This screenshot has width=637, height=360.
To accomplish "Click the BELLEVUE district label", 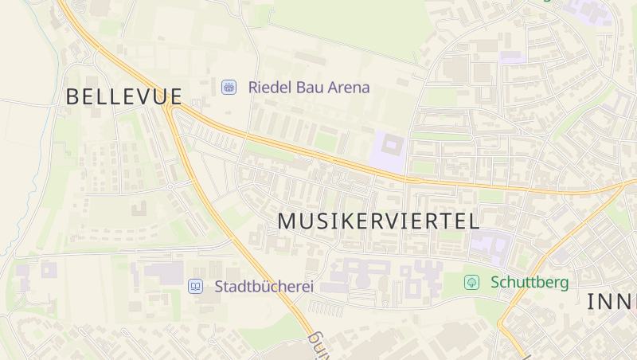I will pos(124,97).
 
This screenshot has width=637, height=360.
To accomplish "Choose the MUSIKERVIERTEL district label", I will pos(378,221).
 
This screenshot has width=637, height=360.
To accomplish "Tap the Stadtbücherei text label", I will pos(264,286).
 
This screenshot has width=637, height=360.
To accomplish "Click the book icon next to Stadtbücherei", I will pos(195,286).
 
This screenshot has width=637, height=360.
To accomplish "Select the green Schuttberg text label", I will pos(530,282).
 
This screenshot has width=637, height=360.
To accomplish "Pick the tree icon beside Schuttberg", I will pos(472,282).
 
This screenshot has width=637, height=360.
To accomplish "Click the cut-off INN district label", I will pos(612,302).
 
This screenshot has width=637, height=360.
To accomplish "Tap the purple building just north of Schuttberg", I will pos(488,247).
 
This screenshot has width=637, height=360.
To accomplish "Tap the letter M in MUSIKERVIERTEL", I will pos(287,221).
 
